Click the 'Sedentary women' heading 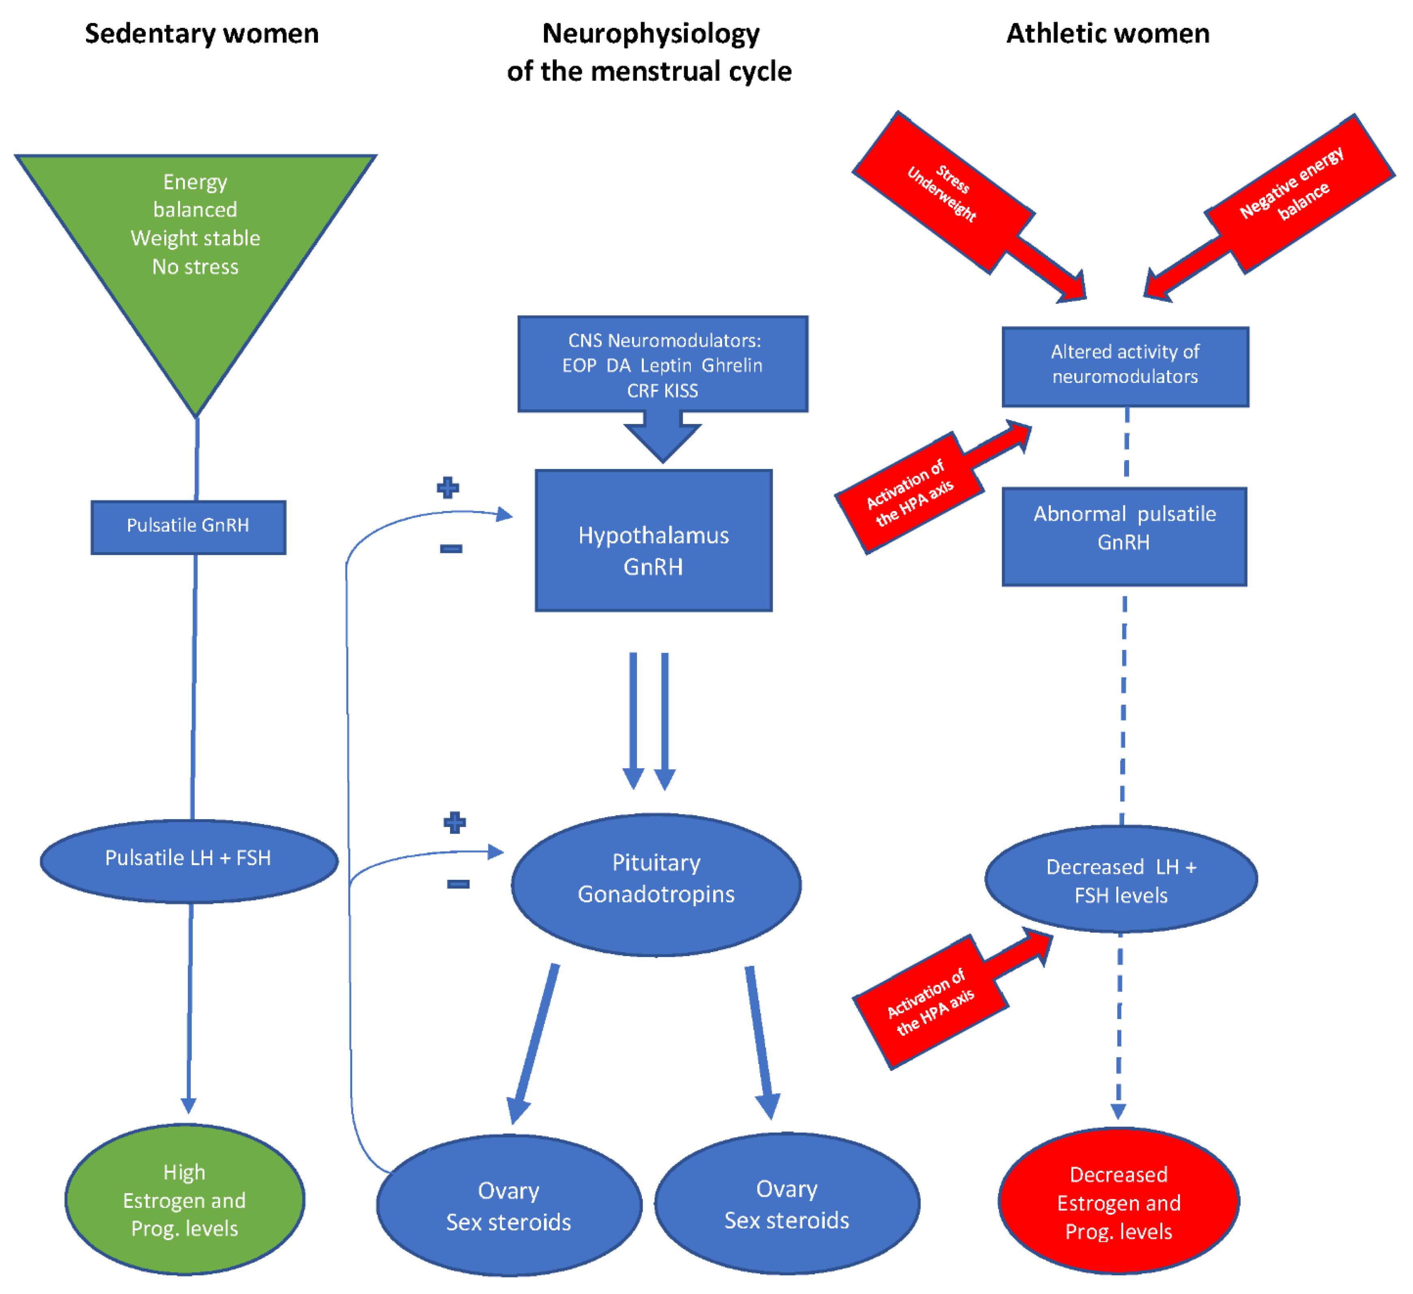click(x=202, y=34)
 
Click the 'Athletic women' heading click(x=1108, y=34)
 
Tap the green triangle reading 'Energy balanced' click(x=196, y=239)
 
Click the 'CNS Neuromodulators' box click(x=663, y=365)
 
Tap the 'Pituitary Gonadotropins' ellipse click(x=656, y=883)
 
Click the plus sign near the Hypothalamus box click(x=448, y=487)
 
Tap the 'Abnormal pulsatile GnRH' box click(x=1124, y=536)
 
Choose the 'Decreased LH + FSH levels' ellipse click(x=1121, y=880)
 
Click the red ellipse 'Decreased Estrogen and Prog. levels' click(x=1118, y=1203)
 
